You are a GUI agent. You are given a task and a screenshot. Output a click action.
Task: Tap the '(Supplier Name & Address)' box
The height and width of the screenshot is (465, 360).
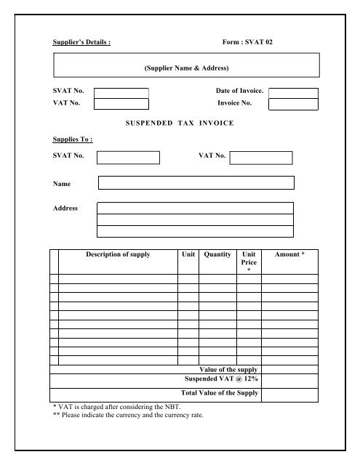[186, 68]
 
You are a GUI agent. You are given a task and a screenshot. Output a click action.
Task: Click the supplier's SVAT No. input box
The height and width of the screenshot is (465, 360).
[121, 92]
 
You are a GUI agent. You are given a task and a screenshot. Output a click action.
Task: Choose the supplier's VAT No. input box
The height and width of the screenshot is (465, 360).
[121, 104]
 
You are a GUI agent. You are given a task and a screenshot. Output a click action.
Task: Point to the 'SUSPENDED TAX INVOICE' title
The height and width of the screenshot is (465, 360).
[180, 124]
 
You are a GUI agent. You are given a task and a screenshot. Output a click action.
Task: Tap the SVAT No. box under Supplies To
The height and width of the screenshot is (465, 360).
[128, 158]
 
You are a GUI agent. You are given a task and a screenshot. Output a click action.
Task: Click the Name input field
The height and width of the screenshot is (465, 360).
[196, 182]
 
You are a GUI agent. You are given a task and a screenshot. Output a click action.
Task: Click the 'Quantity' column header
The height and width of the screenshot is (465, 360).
[217, 255]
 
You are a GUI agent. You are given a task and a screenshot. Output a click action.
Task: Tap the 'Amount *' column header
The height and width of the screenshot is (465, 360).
[289, 255]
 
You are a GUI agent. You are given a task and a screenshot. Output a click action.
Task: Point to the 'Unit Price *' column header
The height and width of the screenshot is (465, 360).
[249, 261]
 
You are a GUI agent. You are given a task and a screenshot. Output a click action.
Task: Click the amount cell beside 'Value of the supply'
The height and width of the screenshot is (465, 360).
[289, 369]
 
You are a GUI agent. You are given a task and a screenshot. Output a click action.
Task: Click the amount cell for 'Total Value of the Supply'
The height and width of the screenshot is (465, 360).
[289, 392]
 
